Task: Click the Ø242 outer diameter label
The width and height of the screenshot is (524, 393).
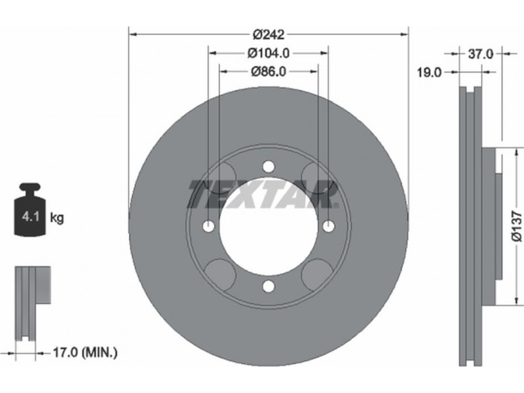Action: click(269, 34)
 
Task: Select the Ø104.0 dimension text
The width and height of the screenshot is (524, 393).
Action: click(269, 53)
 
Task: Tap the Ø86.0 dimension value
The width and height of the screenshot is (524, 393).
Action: click(269, 71)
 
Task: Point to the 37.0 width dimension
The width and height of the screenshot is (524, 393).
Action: click(480, 54)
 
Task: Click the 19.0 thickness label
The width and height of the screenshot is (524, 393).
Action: click(429, 72)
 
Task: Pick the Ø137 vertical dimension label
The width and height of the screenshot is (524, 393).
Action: click(516, 225)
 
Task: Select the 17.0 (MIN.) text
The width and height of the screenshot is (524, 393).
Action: click(86, 352)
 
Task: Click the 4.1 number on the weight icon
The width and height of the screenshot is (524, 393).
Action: click(30, 217)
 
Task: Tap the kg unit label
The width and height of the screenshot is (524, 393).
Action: click(57, 218)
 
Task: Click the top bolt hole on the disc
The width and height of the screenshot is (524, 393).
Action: click(269, 166)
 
